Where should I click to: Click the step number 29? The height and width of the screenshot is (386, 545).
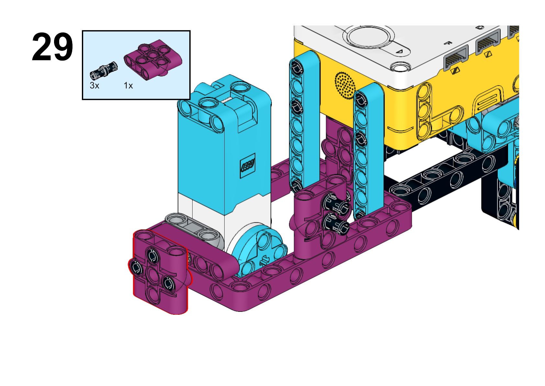click(52, 47)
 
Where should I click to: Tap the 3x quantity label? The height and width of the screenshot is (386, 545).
click(95, 86)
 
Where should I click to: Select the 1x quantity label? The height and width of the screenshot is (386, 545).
click(128, 86)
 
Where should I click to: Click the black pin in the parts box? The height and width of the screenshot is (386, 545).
click(104, 71)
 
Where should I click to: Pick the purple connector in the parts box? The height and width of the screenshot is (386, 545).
click(153, 59)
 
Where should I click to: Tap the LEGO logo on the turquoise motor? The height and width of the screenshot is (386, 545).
click(248, 165)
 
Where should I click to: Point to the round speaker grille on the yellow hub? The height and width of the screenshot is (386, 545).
click(345, 85)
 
